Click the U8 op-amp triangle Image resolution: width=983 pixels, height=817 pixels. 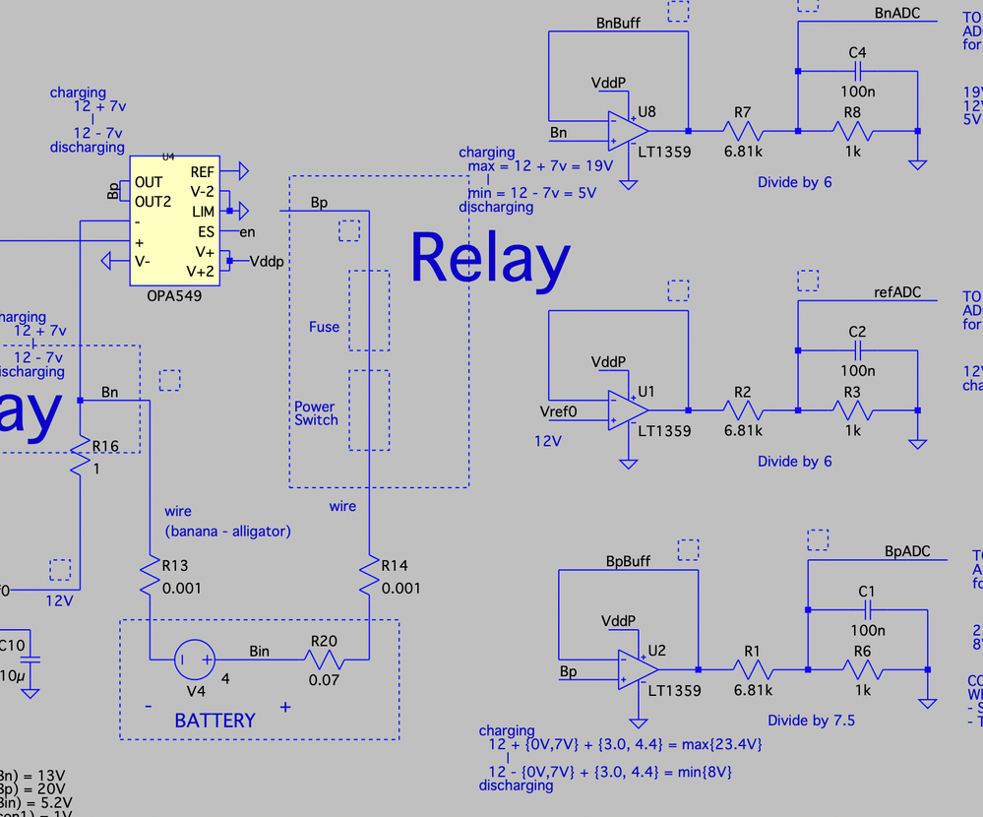click(627, 130)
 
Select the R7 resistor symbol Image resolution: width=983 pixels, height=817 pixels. click(743, 130)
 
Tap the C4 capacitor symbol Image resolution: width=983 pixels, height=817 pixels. click(857, 71)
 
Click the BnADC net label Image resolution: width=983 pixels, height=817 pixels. click(896, 14)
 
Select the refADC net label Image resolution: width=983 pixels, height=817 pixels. click(896, 292)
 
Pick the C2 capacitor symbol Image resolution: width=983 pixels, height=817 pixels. click(857, 350)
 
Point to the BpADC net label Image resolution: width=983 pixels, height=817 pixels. click(907, 552)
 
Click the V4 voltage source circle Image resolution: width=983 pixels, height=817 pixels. click(193, 660)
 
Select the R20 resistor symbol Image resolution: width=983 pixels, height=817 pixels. click(324, 660)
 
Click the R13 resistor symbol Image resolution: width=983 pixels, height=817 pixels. click(149, 578)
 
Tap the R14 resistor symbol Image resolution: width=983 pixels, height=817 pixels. click(367, 578)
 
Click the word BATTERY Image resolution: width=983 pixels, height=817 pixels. click(215, 721)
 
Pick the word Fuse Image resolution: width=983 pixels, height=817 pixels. click(324, 327)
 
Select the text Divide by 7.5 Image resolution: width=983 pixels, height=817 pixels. click(812, 721)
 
